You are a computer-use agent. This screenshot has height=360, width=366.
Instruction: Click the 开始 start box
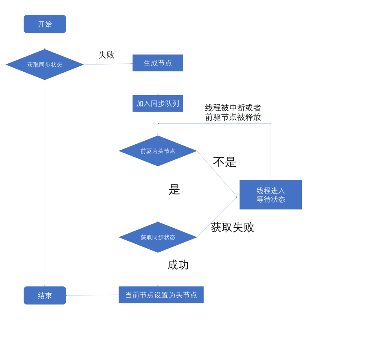45,24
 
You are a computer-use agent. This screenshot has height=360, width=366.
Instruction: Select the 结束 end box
45,295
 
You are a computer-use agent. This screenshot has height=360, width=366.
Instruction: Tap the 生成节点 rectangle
158,63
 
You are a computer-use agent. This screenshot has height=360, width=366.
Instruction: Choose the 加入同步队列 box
158,103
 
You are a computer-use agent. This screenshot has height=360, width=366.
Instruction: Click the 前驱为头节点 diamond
158,151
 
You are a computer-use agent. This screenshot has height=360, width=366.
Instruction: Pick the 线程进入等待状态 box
271,195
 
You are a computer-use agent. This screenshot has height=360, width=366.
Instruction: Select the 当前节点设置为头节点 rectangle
161,295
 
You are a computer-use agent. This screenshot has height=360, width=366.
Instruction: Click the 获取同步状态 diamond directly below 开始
45,64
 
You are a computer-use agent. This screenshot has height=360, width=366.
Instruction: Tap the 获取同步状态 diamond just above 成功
158,237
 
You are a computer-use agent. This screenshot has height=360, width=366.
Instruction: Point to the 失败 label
106,55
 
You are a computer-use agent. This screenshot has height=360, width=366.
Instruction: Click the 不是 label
224,162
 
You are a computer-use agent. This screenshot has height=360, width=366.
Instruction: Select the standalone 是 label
174,189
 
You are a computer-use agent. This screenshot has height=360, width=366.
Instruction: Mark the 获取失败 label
232,227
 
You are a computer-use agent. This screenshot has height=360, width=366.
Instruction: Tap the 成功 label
178,265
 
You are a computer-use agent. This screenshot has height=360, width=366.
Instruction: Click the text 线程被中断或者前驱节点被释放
233,112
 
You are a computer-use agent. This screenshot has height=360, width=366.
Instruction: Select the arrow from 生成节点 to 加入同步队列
158,83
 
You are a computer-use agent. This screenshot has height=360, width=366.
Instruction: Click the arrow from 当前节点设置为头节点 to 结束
92,295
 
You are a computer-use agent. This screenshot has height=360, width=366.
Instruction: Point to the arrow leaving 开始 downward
45,41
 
